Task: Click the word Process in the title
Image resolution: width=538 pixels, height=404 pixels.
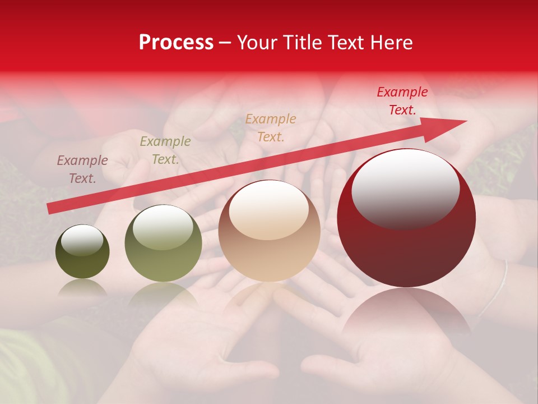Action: pyautogui.click(x=176, y=43)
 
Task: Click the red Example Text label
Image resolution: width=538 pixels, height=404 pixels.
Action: pyautogui.click(x=402, y=101)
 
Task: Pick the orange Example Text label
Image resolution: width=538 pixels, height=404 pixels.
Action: pyautogui.click(x=271, y=127)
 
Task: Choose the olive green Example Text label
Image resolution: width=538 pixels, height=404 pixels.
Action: pyautogui.click(x=165, y=150)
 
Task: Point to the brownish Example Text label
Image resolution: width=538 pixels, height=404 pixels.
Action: pyautogui.click(x=82, y=169)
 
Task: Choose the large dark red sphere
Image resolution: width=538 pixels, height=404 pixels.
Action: pyautogui.click(x=406, y=247)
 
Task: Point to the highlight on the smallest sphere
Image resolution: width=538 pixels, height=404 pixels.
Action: pyautogui.click(x=82, y=240)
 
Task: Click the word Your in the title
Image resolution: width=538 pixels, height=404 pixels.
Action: pyautogui.click(x=255, y=43)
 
